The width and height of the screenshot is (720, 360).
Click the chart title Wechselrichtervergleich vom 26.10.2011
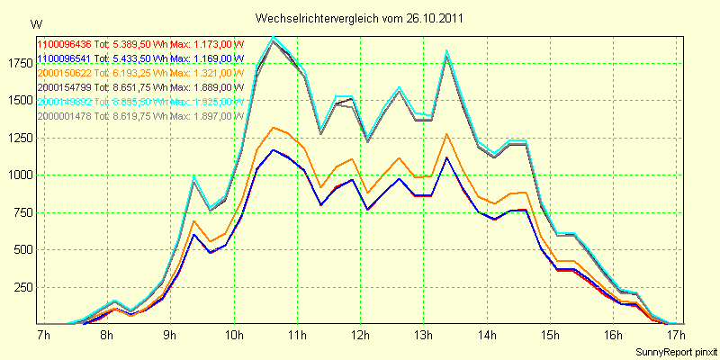point(359,18)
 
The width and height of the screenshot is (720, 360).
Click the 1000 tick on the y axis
point(18,175)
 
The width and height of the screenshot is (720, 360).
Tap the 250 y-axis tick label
point(21,287)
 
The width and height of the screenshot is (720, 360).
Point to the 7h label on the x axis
point(42,335)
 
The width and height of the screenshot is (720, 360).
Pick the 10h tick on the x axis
point(234,335)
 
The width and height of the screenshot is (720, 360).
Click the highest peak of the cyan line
point(274,37)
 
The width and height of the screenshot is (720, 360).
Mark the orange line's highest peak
point(274,127)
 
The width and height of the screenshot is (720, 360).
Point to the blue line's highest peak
point(274,150)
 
